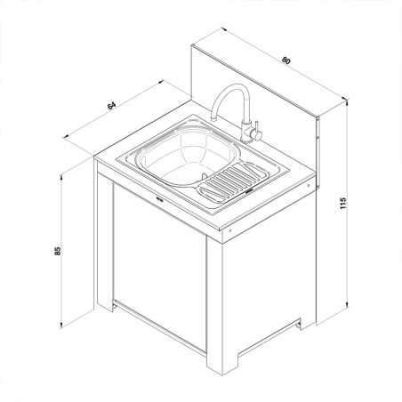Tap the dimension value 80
(286, 60)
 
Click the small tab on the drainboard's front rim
(250, 188)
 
